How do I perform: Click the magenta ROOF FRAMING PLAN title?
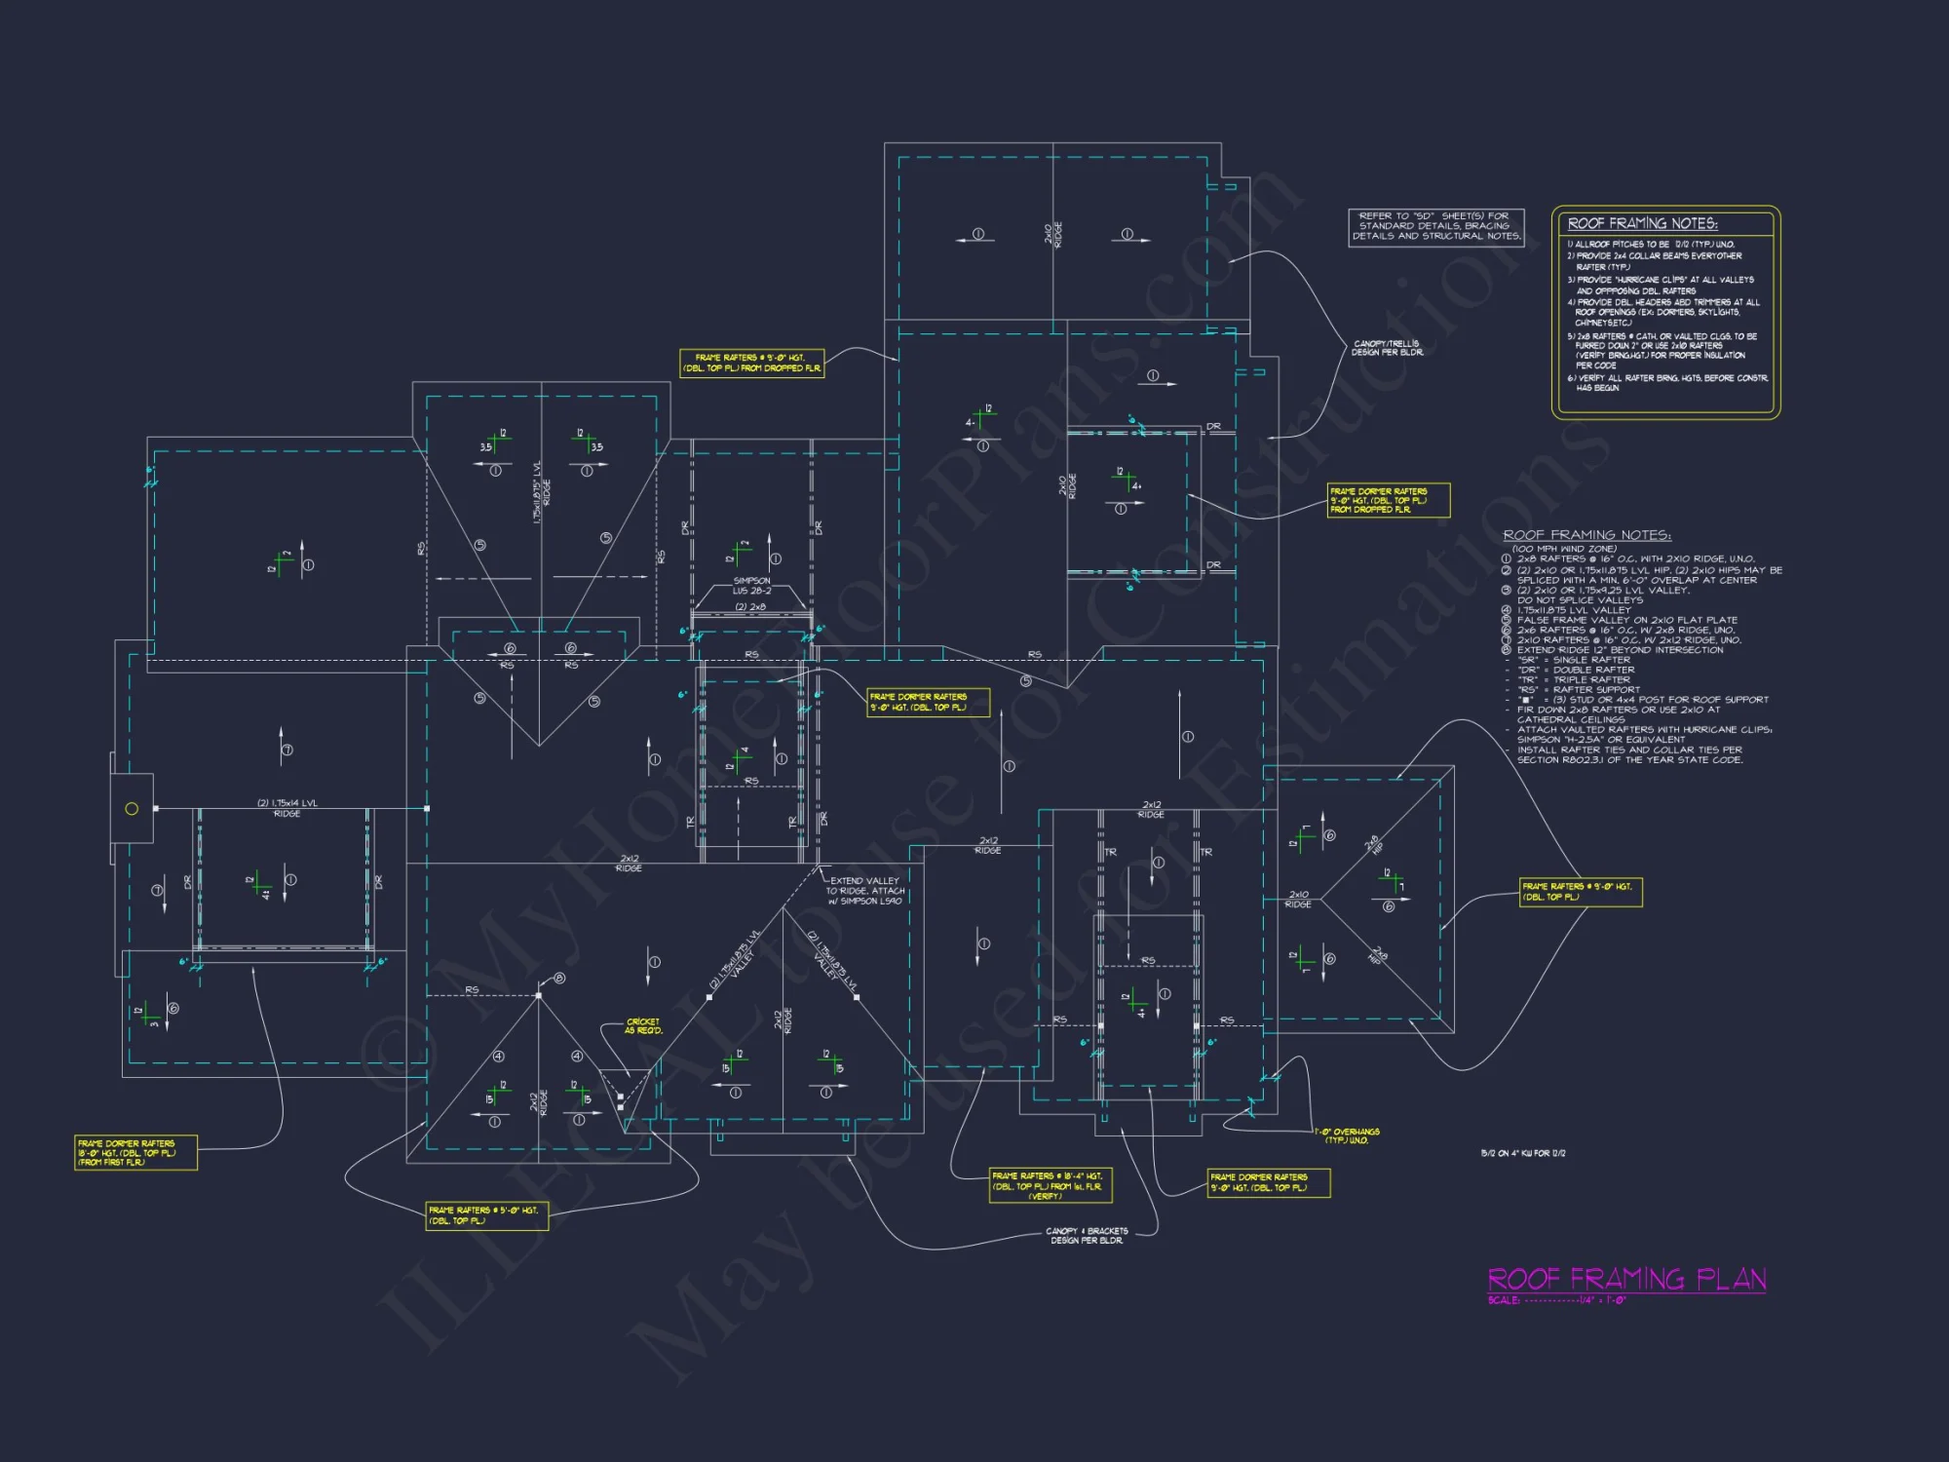tap(1626, 1279)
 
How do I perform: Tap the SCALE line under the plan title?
tap(1556, 1300)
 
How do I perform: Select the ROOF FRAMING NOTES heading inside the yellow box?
tap(1642, 223)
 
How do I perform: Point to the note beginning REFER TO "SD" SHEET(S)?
tap(1434, 226)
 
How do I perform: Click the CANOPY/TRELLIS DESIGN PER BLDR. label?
tap(1387, 348)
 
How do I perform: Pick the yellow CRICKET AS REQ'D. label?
tap(643, 1026)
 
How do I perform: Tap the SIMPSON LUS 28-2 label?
tap(751, 586)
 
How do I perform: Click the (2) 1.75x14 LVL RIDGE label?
tap(287, 808)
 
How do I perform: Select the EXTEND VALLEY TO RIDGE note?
tap(864, 891)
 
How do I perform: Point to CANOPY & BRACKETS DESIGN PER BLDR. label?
tap(1087, 1236)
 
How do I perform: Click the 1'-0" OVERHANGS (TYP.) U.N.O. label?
tap(1347, 1135)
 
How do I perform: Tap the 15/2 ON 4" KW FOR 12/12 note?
tap(1523, 1154)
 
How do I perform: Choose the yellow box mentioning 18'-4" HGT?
tap(1050, 1186)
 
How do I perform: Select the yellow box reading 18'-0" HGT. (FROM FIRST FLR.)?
tap(135, 1152)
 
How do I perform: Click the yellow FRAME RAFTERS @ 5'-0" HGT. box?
tap(486, 1215)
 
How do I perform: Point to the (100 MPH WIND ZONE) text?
tap(1564, 549)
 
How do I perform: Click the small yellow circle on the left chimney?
tap(132, 809)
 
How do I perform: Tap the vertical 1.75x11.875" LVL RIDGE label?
tap(541, 493)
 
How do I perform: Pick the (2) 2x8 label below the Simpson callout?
tap(750, 607)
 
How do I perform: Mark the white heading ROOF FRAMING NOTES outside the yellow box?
tap(1586, 535)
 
